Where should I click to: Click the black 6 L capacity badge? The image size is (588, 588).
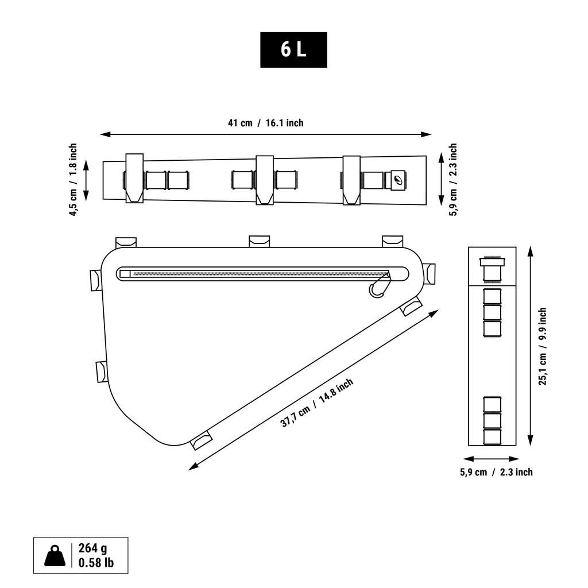pos(293,50)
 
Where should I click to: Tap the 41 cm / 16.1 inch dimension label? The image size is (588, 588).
pos(265,123)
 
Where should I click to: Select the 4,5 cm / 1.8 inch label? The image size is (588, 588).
pos(73,179)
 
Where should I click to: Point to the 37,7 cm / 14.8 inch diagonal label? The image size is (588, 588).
pos(317,403)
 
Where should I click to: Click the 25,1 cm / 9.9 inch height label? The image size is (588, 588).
pos(543,346)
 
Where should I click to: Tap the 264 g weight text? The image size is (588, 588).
pos(92,548)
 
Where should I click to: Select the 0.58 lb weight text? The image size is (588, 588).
pos(96,563)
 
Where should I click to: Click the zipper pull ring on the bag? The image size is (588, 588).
pos(376,289)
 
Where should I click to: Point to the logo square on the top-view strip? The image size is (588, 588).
pos(399,180)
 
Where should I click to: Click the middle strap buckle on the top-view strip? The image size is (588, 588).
pos(265,180)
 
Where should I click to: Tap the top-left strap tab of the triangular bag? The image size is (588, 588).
pos(126,242)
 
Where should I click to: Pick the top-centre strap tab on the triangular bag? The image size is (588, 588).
pos(260,241)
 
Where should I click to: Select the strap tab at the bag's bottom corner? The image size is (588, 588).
pos(202,440)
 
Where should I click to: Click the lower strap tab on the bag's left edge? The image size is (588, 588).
pos(102,372)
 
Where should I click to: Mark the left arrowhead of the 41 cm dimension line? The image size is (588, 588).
pos(105,134)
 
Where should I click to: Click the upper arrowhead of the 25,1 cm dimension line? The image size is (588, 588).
pos(530,252)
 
